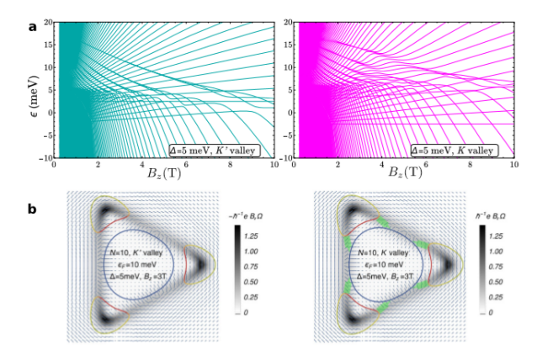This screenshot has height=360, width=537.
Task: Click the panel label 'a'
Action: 31,25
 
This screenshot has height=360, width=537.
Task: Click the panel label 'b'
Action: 31,204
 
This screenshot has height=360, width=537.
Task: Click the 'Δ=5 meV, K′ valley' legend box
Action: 213,150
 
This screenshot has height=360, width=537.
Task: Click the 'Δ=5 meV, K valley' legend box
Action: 455,150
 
